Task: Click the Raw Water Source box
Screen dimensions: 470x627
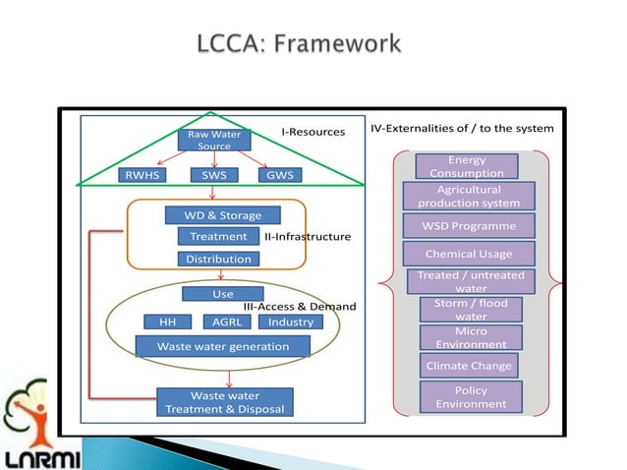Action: click(x=214, y=140)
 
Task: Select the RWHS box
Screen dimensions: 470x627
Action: click(x=141, y=176)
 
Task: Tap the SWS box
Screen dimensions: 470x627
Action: click(x=213, y=176)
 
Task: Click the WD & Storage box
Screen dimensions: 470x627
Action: click(x=218, y=214)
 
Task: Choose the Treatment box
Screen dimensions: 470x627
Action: click(x=218, y=236)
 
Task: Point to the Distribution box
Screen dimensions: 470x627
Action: click(x=218, y=259)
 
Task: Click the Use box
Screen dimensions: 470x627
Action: click(x=223, y=294)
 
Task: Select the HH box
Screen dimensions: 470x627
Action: click(x=168, y=322)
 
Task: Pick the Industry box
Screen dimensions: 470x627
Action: click(x=290, y=322)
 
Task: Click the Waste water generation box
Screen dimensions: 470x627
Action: click(x=223, y=346)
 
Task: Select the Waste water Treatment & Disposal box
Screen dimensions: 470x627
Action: click(x=224, y=402)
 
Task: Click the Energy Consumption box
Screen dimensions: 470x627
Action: click(x=466, y=166)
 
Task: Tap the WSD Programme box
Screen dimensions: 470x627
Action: click(x=469, y=226)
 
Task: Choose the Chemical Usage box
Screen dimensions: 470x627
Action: click(x=469, y=254)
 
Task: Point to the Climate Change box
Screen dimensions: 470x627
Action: click(x=469, y=366)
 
